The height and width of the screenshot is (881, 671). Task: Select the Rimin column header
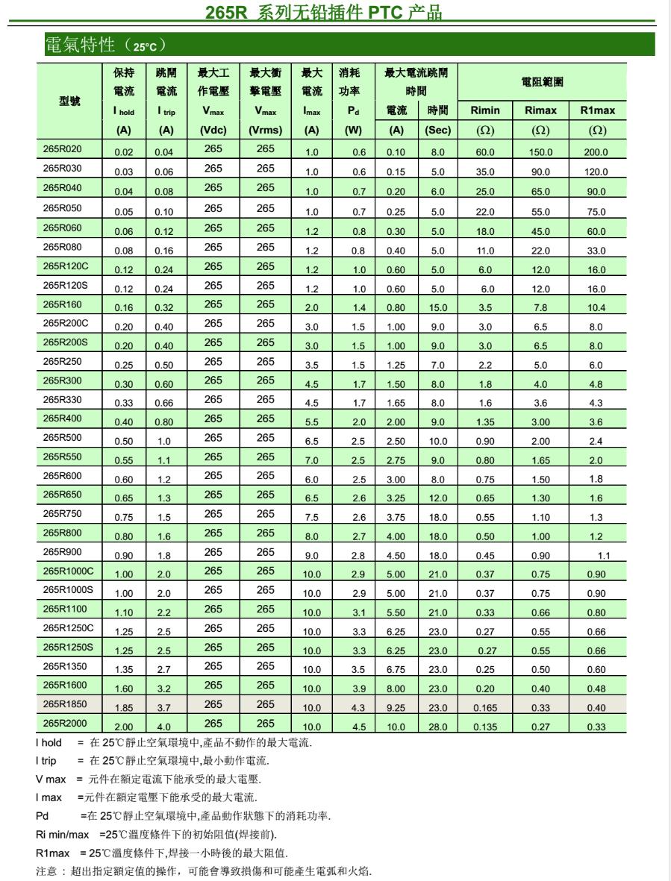[x=485, y=111]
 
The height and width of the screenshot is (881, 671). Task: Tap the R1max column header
[x=597, y=111]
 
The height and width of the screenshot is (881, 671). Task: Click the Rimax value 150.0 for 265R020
[x=540, y=152]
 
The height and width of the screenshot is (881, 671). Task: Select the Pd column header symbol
[x=352, y=111]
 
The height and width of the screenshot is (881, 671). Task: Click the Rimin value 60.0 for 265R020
[x=485, y=152]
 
